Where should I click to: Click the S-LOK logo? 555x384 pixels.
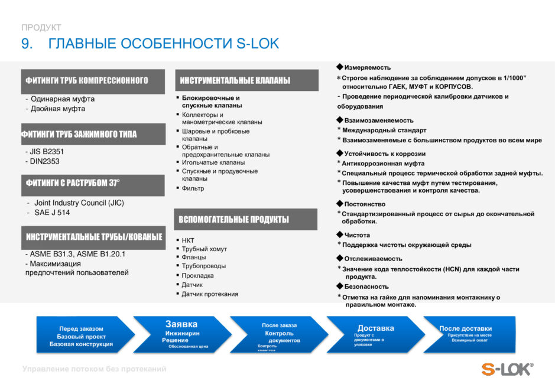(507, 369)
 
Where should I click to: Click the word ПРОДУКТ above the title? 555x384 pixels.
(41, 27)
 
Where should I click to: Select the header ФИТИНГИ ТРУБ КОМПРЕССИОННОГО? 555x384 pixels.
(87, 80)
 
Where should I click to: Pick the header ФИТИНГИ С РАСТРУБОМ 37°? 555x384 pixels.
(73, 183)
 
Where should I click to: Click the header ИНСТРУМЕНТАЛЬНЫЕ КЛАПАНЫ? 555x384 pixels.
(235, 80)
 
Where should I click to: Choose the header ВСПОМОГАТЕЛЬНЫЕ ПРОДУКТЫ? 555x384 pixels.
(234, 220)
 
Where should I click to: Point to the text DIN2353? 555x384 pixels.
(45, 161)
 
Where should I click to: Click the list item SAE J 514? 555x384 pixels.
(52, 213)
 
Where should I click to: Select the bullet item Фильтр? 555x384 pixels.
(193, 188)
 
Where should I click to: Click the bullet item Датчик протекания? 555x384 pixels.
(210, 294)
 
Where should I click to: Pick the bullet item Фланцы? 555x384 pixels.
(194, 258)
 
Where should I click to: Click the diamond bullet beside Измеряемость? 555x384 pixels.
(340, 67)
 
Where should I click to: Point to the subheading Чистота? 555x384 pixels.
(357, 235)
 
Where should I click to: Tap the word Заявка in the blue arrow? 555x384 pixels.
(181, 324)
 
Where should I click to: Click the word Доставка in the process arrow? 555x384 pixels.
(375, 328)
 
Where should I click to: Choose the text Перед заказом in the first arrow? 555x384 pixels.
(81, 328)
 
